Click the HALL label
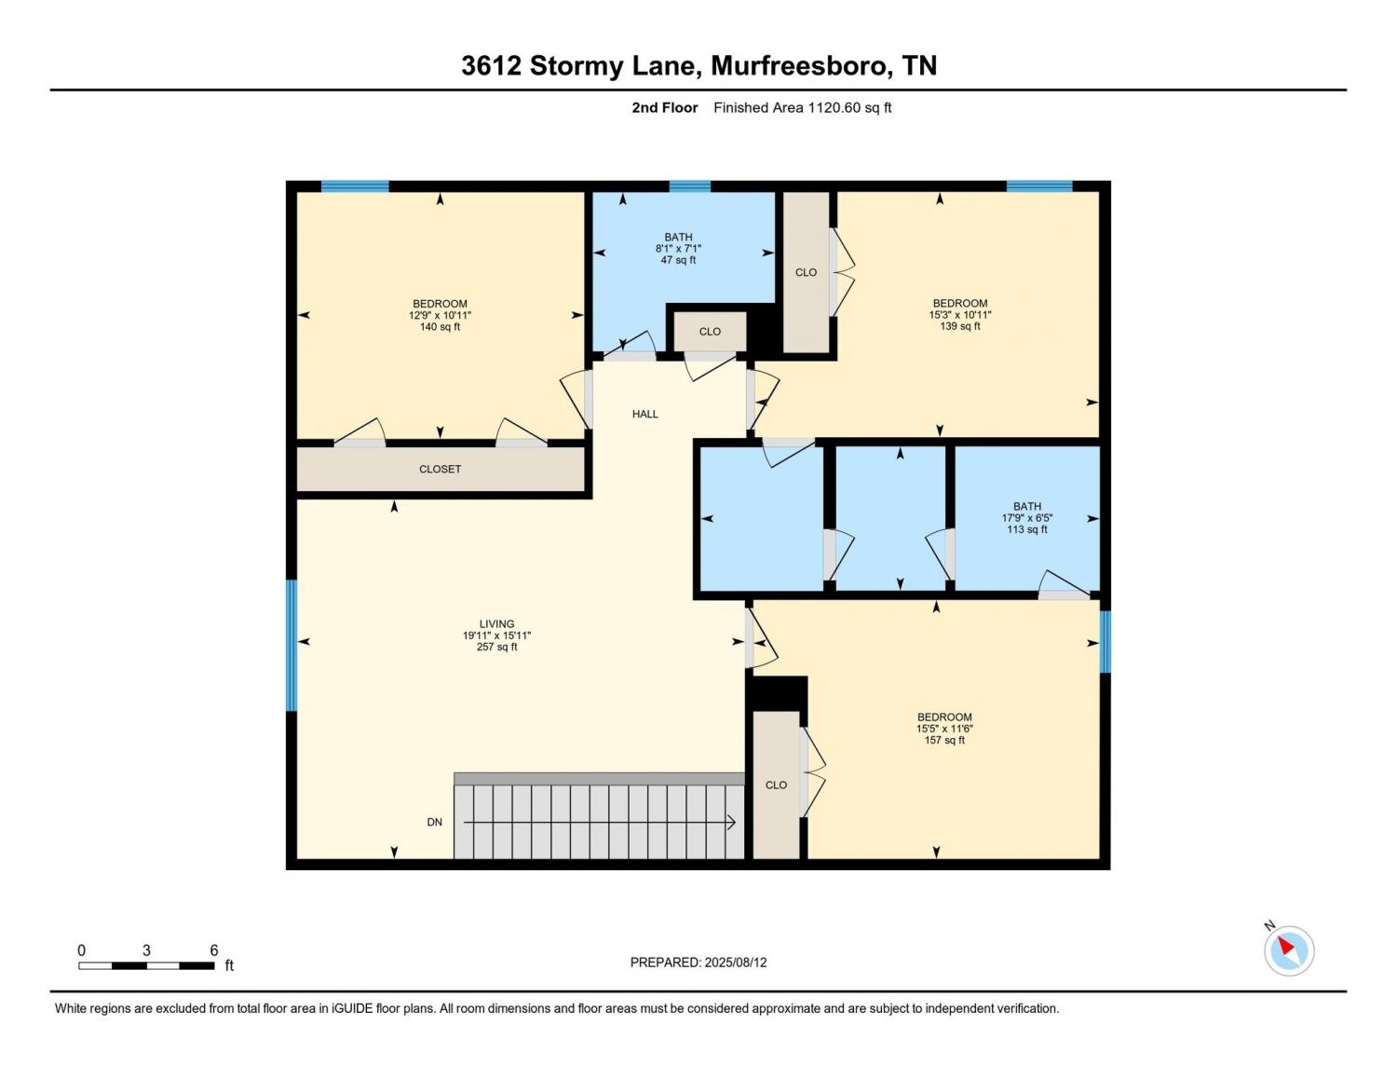point(644,414)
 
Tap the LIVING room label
point(496,623)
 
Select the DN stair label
point(435,822)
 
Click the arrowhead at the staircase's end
point(732,822)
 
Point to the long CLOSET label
point(440,470)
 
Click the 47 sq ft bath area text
point(678,260)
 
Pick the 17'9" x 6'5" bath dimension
point(1026,518)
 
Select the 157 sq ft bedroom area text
point(944,740)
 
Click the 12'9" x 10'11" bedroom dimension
point(440,315)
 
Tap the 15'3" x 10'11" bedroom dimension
point(960,314)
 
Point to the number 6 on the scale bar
point(214,949)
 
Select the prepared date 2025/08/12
point(736,963)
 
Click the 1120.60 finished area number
point(834,107)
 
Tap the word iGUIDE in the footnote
point(352,1008)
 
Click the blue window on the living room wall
point(292,645)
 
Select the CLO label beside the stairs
point(776,785)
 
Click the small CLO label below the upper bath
point(710,332)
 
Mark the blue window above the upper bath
point(689,186)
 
